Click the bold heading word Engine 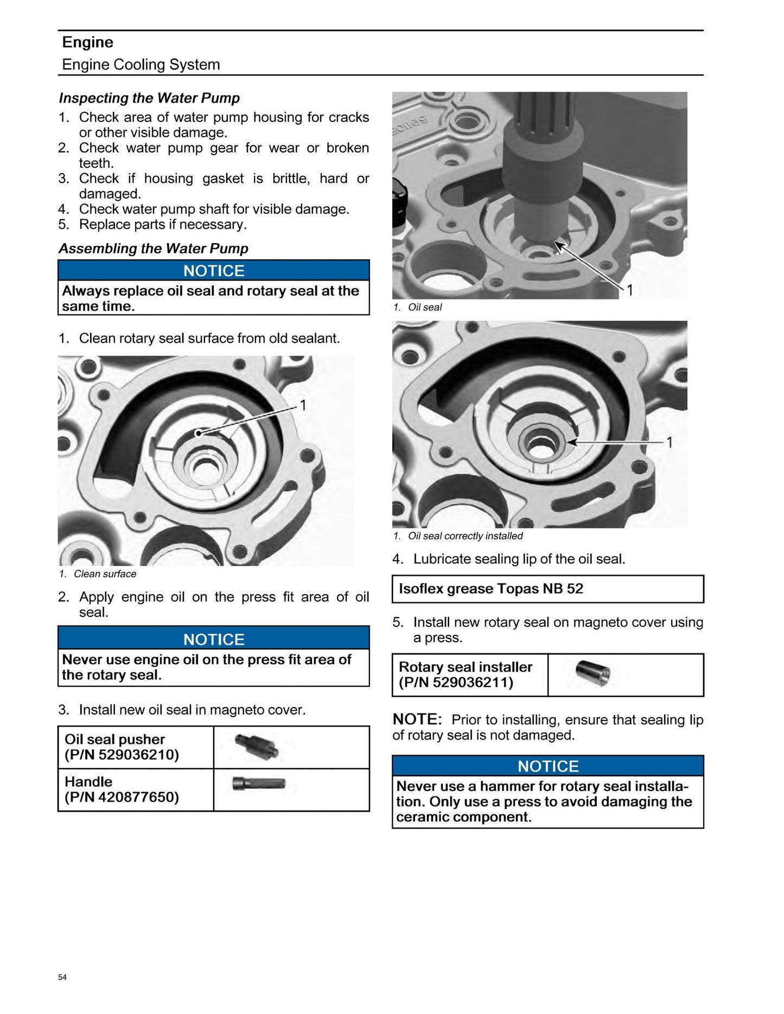click(87, 42)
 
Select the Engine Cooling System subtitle click(141, 65)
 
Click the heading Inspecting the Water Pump click(149, 98)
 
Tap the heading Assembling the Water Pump click(154, 248)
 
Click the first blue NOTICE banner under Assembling click(214, 271)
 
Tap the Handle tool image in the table click(259, 784)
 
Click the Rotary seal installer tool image click(592, 673)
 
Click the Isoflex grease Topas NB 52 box click(547, 589)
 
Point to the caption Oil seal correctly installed click(465, 536)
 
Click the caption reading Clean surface click(105, 574)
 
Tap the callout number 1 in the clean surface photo click(303, 405)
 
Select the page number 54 click(62, 977)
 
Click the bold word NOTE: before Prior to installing click(417, 719)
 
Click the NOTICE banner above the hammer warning click(548, 766)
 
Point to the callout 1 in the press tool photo click(630, 290)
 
